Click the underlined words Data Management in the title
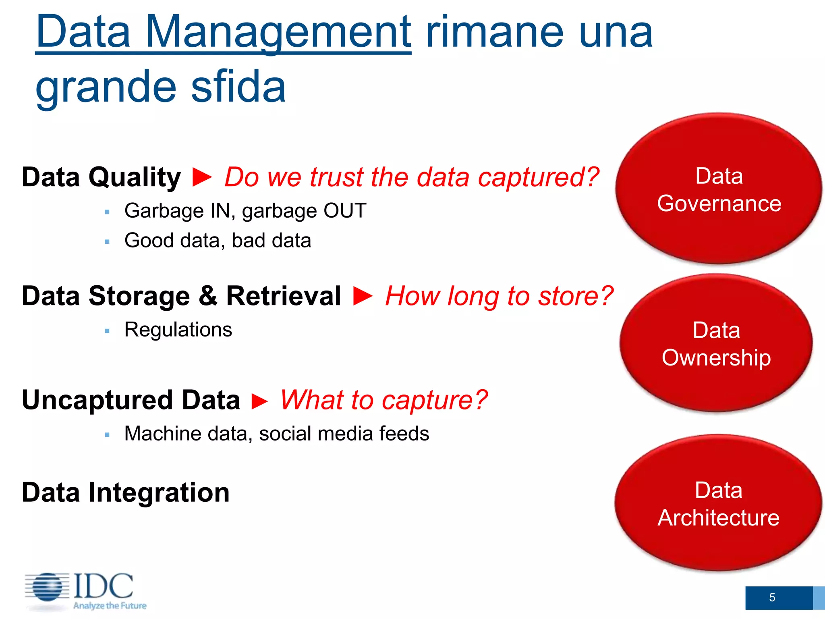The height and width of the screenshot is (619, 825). [x=224, y=32]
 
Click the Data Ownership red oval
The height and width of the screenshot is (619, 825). [x=716, y=344]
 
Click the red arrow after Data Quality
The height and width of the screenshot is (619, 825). [x=202, y=177]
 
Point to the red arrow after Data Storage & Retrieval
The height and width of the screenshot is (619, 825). [x=363, y=296]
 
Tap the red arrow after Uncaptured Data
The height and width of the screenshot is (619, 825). [x=260, y=401]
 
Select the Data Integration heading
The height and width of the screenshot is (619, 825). [x=125, y=492]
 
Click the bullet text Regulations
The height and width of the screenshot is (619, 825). [x=178, y=330]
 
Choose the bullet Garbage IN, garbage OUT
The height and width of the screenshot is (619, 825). [x=245, y=211]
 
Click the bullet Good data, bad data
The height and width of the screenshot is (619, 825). [x=218, y=241]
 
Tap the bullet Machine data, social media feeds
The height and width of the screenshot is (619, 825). [x=276, y=434]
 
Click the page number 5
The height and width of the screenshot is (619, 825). [x=772, y=597]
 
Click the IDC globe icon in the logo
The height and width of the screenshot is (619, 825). [x=48, y=587]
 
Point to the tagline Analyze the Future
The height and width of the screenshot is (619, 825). [x=110, y=605]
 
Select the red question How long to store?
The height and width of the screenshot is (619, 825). [x=499, y=296]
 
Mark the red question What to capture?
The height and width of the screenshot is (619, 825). [x=383, y=400]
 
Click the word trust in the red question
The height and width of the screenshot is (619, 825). [x=337, y=177]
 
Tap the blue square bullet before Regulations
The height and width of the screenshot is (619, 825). [x=107, y=331]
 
